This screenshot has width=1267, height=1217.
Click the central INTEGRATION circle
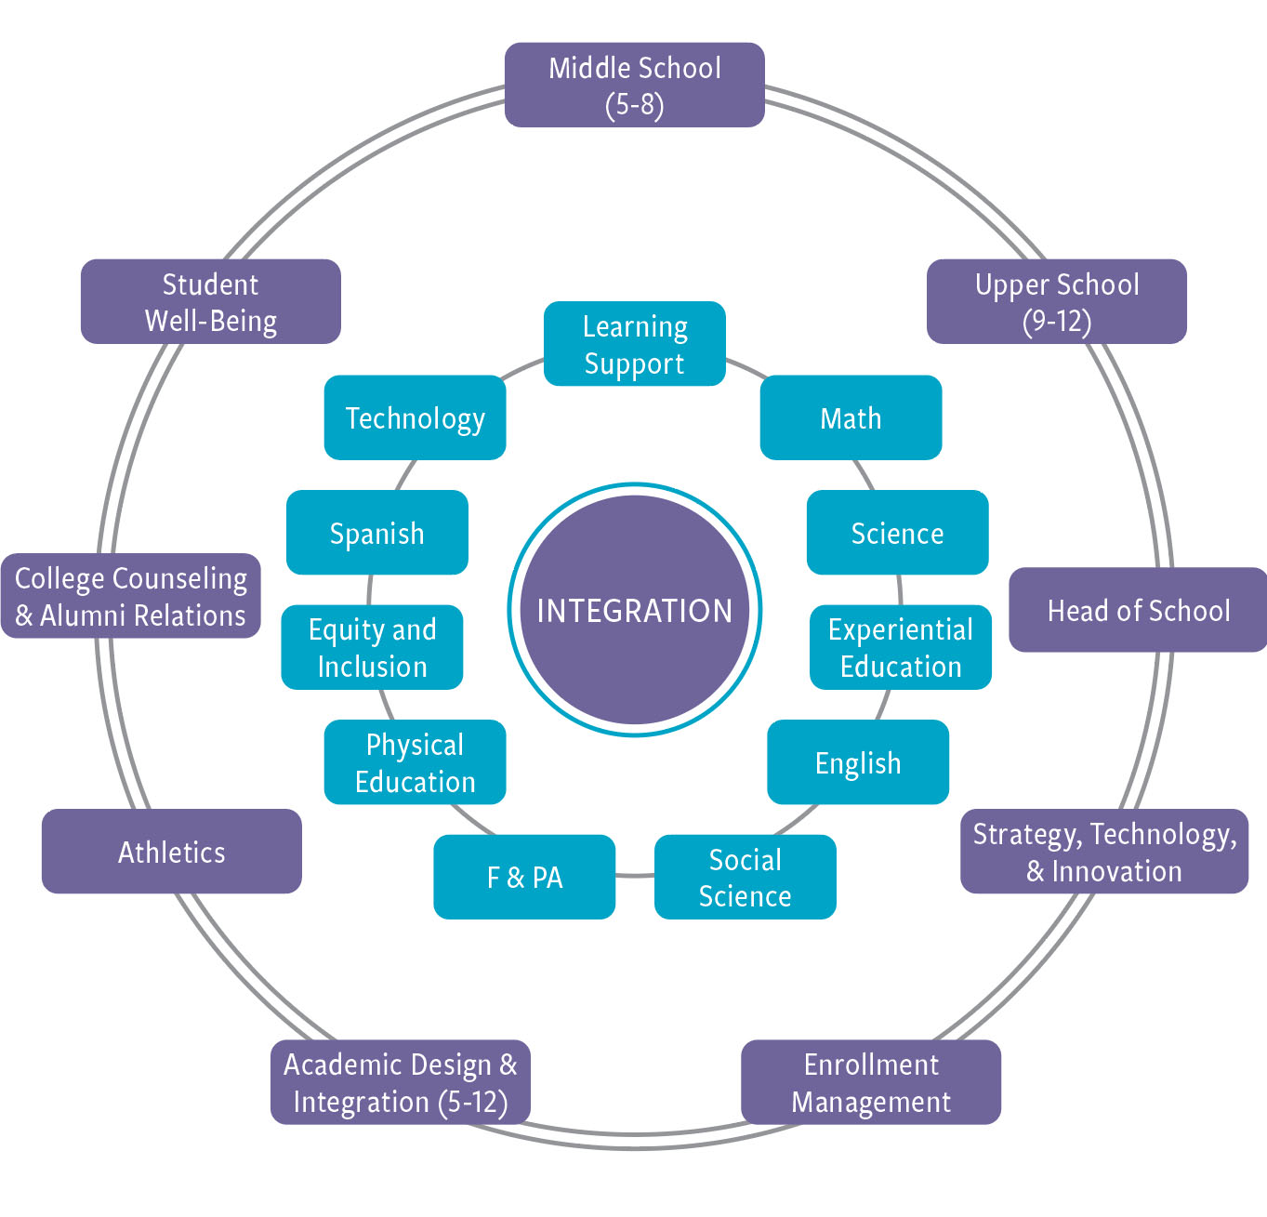tap(635, 610)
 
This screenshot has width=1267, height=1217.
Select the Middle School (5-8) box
tap(635, 85)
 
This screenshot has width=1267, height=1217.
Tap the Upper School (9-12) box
tap(1057, 301)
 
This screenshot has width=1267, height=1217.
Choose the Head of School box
tap(1138, 610)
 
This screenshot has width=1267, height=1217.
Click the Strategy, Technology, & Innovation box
tap(1104, 852)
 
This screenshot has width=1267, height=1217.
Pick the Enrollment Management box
tap(871, 1082)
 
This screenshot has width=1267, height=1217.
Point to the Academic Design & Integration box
tap(401, 1082)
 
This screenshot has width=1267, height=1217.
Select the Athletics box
tap(172, 852)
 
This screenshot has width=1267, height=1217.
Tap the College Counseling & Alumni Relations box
tap(131, 596)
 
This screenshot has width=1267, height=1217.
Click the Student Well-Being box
tap(211, 301)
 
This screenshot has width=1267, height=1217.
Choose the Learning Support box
tap(635, 344)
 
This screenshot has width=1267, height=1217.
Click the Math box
tap(851, 417)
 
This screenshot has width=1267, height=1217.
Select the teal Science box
tap(897, 533)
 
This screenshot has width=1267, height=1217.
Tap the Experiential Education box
tap(901, 647)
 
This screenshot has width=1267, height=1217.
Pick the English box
tap(858, 762)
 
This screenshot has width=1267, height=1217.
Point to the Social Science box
tap(746, 877)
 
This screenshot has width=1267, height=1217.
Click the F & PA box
tap(524, 877)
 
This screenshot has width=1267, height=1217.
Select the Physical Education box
tap(416, 762)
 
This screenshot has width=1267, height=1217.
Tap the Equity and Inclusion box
tap(373, 647)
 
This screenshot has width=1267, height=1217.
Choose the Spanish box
tap(377, 533)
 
